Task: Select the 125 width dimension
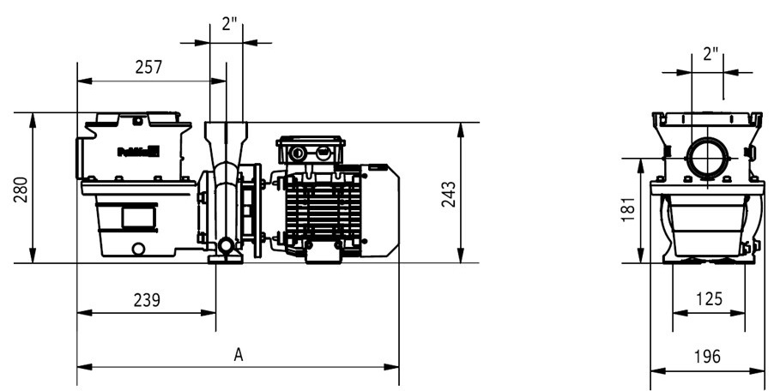708,298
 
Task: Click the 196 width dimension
708,356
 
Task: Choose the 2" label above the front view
710,55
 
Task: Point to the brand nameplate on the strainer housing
138,153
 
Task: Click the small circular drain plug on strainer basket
137,250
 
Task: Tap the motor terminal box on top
310,152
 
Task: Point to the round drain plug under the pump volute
226,249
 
